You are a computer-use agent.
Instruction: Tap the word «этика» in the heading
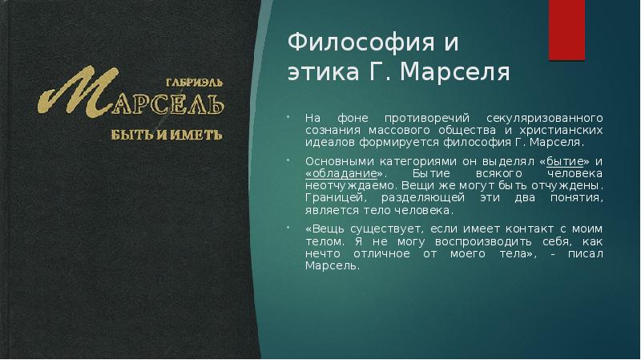[x=317, y=73]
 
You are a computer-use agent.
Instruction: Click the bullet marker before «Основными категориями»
[x=290, y=161]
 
